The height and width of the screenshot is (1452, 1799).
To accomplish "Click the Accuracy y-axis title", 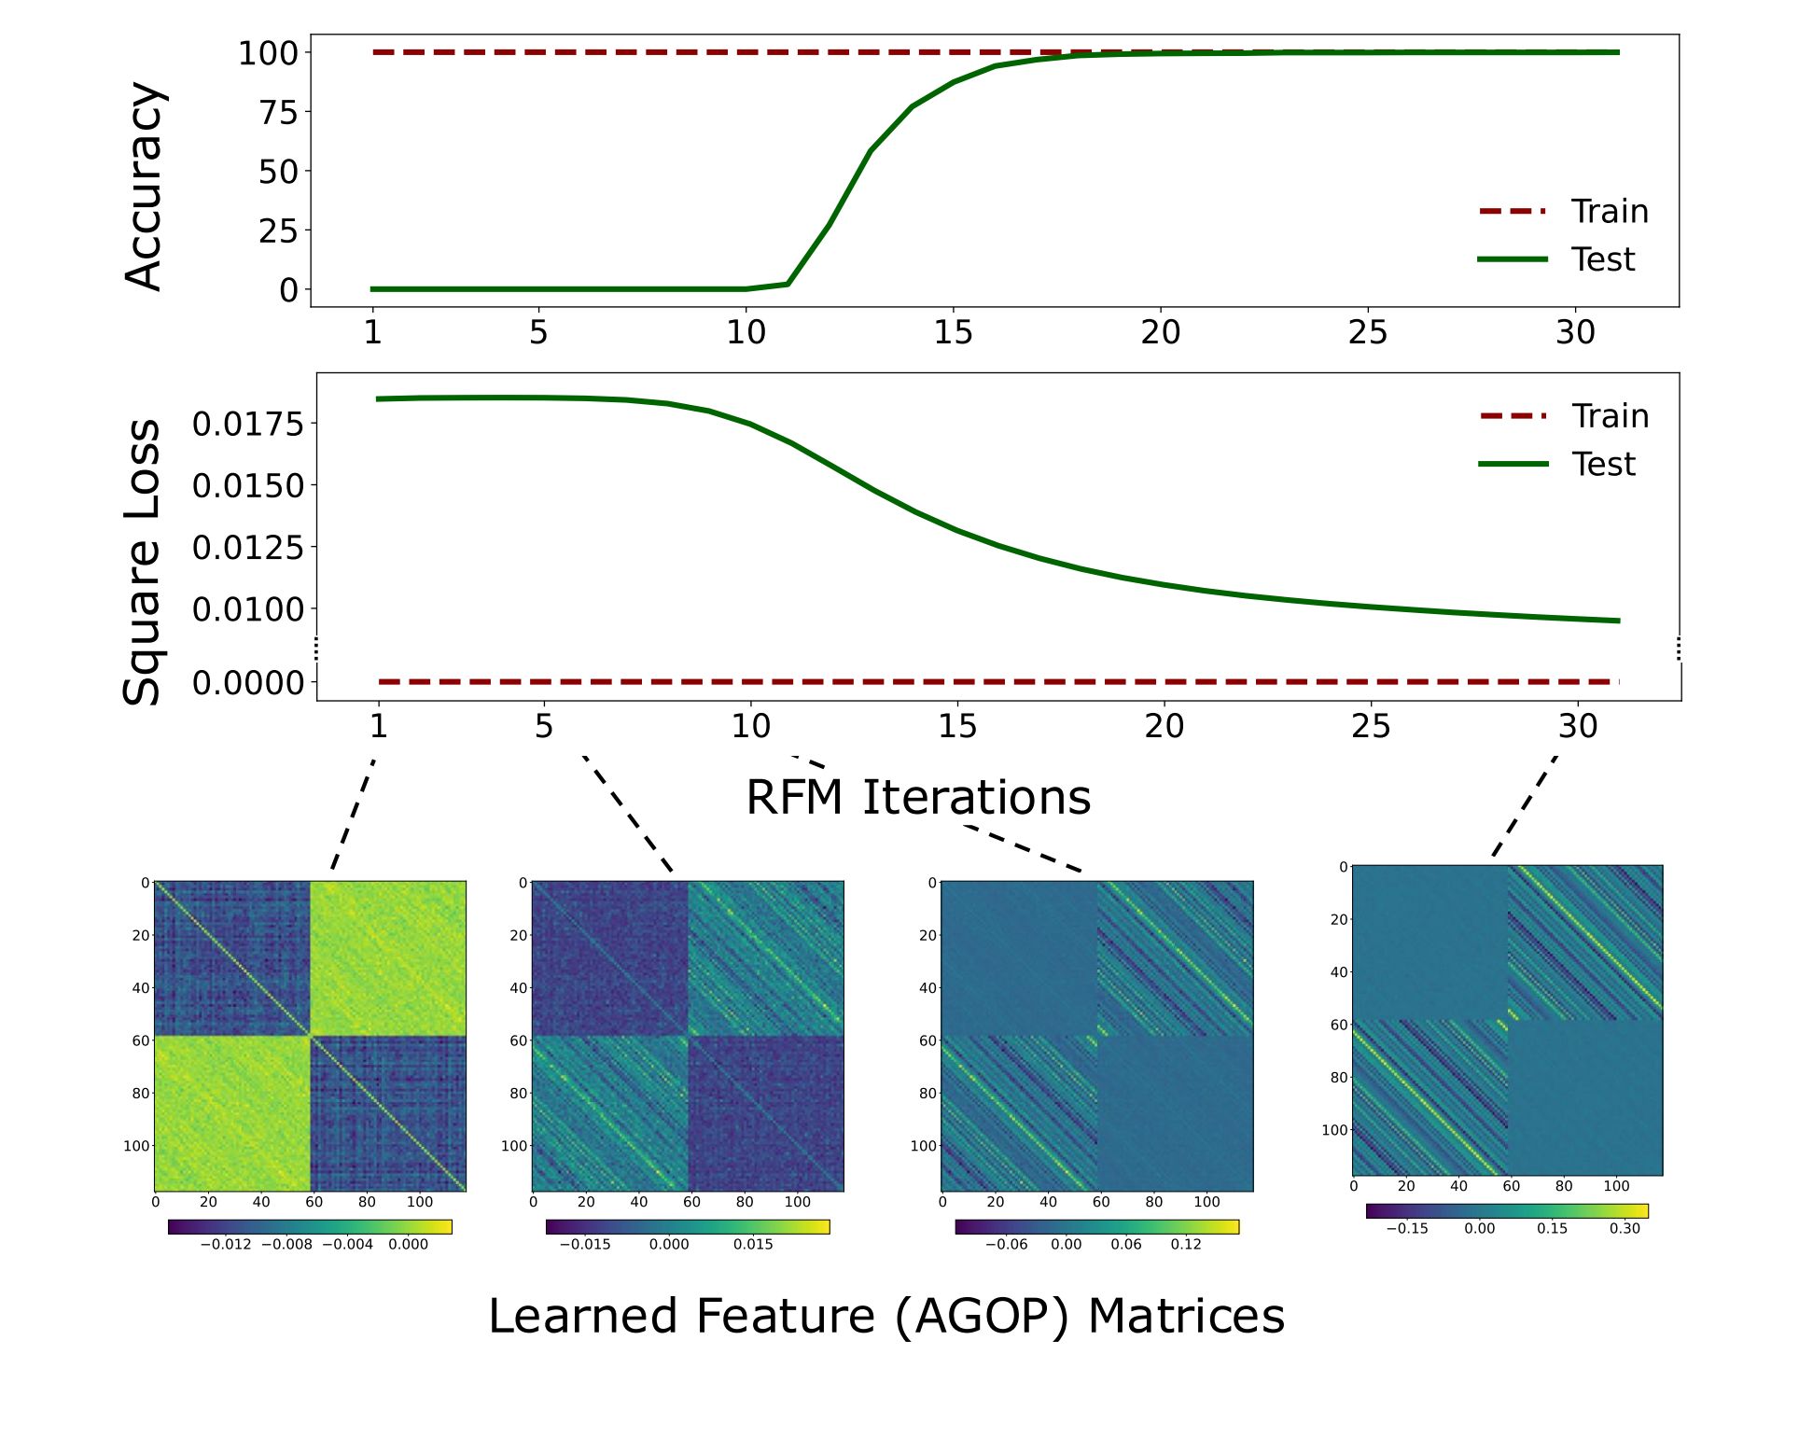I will pos(145,186).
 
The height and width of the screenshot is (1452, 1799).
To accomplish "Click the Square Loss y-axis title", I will pos(143,562).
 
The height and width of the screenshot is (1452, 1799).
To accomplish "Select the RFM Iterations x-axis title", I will pos(918,797).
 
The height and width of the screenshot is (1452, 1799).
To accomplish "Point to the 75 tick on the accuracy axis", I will pos(279,113).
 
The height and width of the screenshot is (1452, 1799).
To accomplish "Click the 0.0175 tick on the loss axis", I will pos(248,425).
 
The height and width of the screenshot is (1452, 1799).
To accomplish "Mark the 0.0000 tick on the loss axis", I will pos(248,683).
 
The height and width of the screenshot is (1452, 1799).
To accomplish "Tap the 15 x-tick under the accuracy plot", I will pos(953,332).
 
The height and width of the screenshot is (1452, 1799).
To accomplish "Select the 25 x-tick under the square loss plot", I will pos(1371,726).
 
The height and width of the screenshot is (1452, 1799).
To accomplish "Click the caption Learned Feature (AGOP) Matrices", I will pos(886,1317).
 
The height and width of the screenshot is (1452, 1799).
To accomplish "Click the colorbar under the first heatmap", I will pos(310,1227).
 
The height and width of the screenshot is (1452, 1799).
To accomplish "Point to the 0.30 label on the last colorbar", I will pos(1625,1229).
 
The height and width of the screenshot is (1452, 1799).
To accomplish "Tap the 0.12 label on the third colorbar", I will pos(1186,1245).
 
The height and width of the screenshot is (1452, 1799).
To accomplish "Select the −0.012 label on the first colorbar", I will pos(226,1245).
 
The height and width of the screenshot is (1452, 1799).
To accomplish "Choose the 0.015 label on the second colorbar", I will pos(753,1245).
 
